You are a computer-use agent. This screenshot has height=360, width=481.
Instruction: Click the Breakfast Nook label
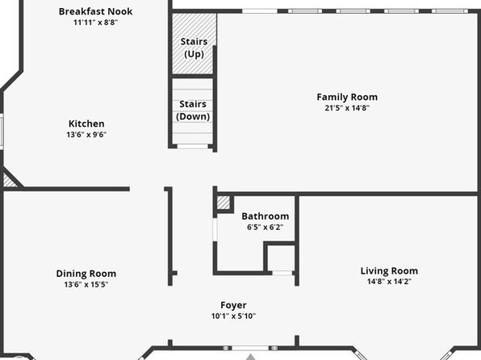coord(95,11)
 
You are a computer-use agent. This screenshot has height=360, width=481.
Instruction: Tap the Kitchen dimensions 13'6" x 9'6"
coord(86,135)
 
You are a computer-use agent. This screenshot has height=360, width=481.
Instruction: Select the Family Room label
coord(347,97)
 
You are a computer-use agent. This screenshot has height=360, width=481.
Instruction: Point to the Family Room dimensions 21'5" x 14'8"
coord(347,107)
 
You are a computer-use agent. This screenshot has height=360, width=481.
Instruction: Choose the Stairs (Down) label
coord(193,110)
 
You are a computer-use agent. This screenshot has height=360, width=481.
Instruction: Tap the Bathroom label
coord(265,216)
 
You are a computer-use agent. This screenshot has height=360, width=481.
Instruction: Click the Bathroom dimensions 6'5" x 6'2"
coord(265,227)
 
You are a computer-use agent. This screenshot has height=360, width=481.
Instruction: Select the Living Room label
coord(389,270)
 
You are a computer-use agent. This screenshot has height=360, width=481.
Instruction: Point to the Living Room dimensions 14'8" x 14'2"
coord(389,281)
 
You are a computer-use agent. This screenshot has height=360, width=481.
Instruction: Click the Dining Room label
coord(86,274)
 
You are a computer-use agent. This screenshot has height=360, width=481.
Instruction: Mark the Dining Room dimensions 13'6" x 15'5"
coord(86,284)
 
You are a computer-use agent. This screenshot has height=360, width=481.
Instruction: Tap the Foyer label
coord(233,305)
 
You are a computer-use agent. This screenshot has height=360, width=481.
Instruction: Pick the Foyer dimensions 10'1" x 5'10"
coord(233,316)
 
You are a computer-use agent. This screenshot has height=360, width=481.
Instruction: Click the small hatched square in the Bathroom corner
coord(224,203)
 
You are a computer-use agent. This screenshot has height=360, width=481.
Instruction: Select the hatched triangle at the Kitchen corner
coord(9,182)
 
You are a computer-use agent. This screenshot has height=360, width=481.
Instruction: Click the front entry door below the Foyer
coord(250,348)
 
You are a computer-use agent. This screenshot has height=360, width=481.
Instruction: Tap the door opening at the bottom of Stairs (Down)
coord(193,146)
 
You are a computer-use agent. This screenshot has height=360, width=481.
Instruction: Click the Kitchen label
coord(86,123)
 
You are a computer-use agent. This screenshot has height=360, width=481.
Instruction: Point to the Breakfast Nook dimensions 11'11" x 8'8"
coord(95,22)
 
